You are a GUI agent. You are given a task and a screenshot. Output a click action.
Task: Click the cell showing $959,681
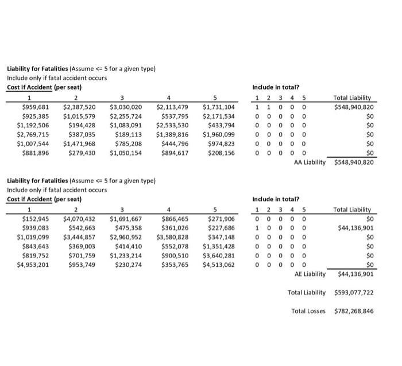tap(36, 107)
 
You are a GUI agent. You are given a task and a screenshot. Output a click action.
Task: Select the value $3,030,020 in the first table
tap(125, 107)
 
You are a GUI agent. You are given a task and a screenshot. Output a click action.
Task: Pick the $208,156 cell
tap(221, 153)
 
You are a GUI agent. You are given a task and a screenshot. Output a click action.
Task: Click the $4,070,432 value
tap(80, 219)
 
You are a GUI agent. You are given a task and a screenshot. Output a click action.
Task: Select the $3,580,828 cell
tap(172, 237)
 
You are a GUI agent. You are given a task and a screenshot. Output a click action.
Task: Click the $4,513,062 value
tap(218, 265)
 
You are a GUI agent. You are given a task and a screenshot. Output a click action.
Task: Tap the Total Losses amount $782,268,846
tap(354, 312)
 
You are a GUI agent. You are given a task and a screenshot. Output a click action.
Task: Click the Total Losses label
tap(308, 312)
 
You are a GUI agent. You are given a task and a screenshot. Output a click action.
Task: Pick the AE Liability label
tap(310, 274)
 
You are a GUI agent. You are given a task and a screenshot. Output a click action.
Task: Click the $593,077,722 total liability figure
tap(354, 293)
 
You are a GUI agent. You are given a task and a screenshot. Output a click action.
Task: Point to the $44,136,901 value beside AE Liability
tap(354, 274)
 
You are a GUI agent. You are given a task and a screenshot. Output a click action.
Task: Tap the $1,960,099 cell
tap(218, 134)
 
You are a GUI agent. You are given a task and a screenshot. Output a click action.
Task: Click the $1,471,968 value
tap(80, 144)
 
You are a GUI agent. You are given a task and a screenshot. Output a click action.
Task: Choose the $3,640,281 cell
tap(218, 256)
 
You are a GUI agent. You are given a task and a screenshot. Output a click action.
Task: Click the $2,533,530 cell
tap(172, 125)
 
